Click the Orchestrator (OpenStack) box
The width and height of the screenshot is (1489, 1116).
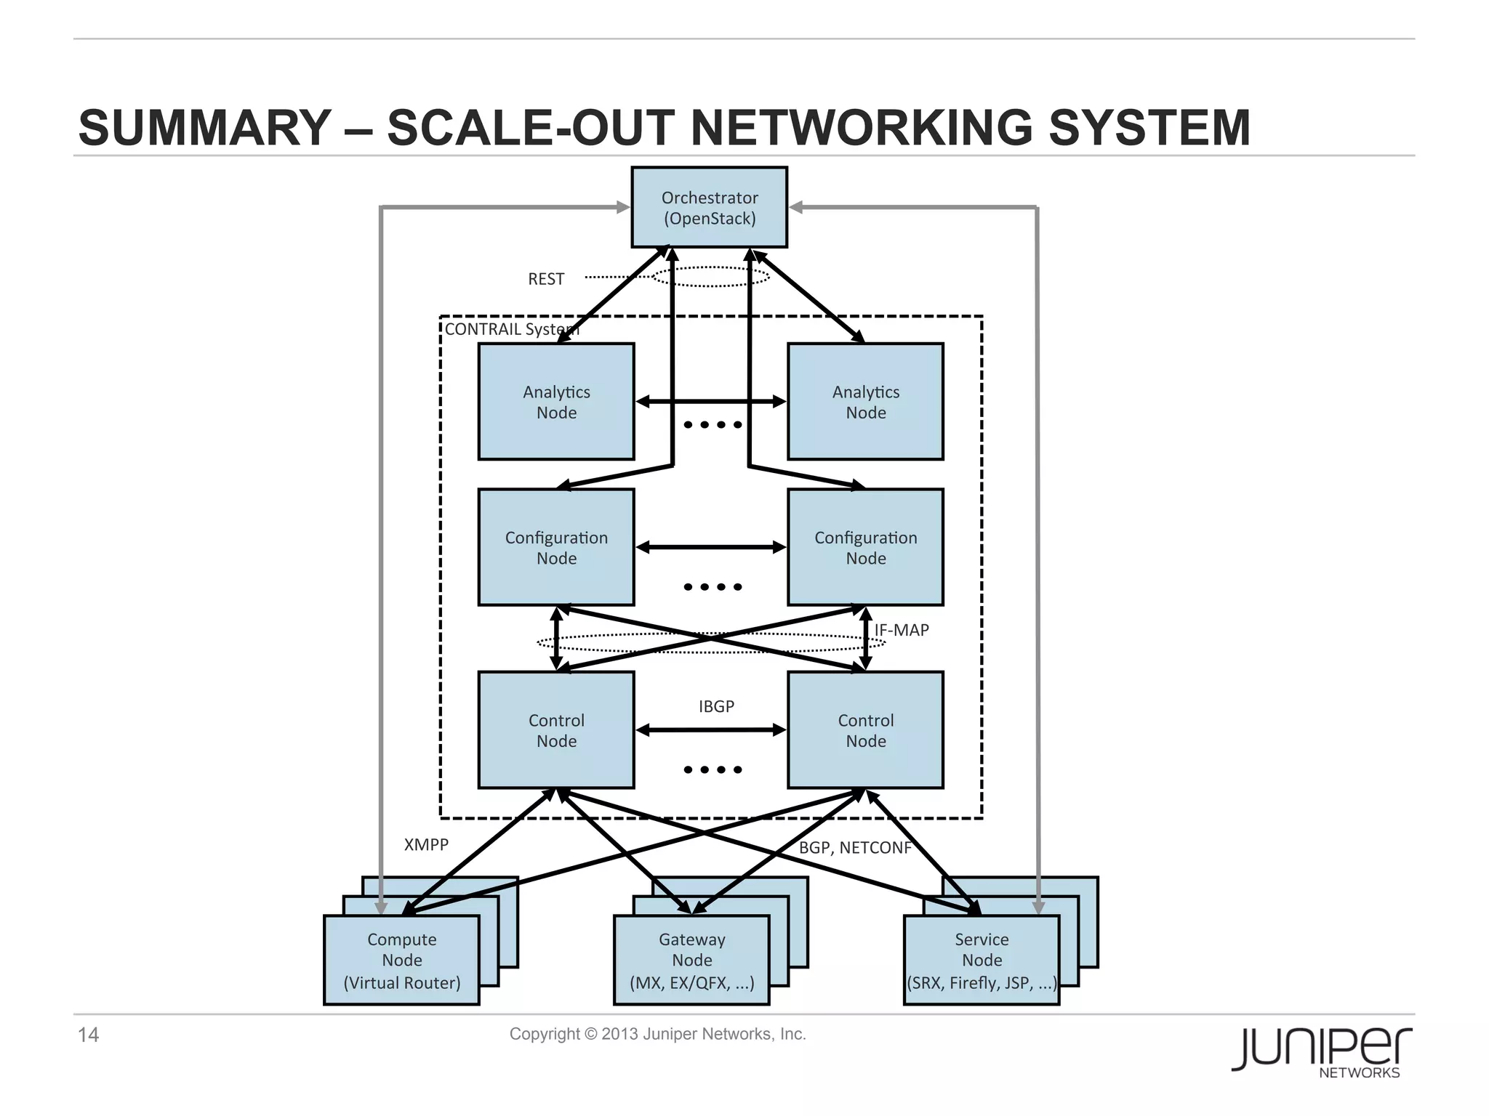point(709,208)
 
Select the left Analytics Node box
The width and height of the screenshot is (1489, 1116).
point(556,402)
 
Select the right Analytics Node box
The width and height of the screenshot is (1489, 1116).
point(865,402)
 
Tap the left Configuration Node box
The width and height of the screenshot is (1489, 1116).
point(556,548)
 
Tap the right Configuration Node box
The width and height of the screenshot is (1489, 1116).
point(865,548)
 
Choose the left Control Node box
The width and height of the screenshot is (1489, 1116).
point(556,730)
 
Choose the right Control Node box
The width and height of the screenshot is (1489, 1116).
point(865,730)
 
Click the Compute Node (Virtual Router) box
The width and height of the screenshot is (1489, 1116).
point(401,961)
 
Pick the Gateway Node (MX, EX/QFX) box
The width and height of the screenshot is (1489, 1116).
point(691,961)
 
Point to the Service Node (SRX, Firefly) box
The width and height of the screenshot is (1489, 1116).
point(982,961)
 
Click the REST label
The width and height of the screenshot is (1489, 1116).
point(546,279)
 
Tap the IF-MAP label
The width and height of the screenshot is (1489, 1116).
point(902,630)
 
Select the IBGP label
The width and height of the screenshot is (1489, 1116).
point(716,706)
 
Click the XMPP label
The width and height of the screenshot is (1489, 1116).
point(426,844)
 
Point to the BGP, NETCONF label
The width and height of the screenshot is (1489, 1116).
point(855,848)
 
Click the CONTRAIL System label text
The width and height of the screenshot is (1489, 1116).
point(512,329)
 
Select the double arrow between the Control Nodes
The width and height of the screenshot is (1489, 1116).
point(711,730)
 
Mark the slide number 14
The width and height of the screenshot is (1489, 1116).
point(88,1035)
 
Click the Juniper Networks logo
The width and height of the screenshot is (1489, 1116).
point(1321,1052)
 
